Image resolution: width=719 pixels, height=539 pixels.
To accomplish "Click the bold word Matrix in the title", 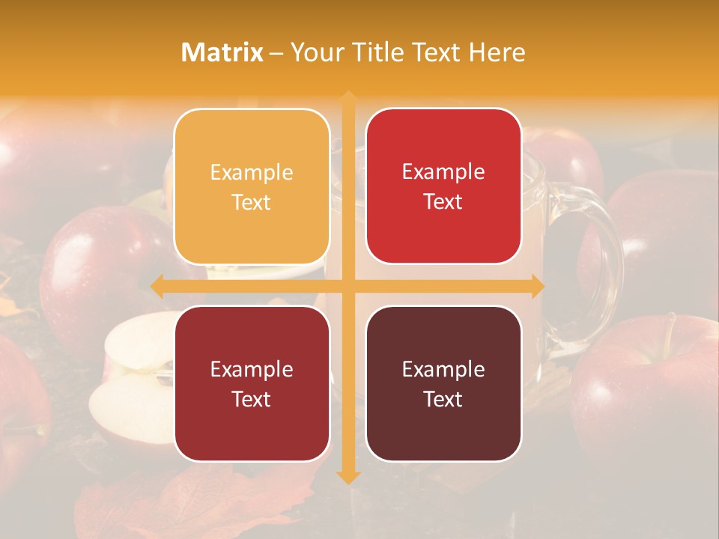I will [222, 52].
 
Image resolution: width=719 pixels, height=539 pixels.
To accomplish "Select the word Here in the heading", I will [497, 52].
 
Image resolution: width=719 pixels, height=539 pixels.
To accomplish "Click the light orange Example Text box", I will [252, 186].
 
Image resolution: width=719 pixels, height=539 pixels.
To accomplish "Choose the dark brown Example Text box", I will [443, 383].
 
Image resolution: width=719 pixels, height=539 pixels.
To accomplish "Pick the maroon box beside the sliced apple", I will [252, 383].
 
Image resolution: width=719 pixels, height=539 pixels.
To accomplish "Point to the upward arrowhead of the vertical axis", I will [348, 98].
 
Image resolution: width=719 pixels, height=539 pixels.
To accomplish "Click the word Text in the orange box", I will [252, 202].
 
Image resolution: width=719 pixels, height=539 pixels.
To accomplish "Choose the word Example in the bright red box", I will [443, 171].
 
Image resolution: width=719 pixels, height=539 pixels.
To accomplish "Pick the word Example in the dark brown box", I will [443, 369].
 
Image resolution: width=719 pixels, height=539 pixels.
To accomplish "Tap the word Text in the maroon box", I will [252, 399].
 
